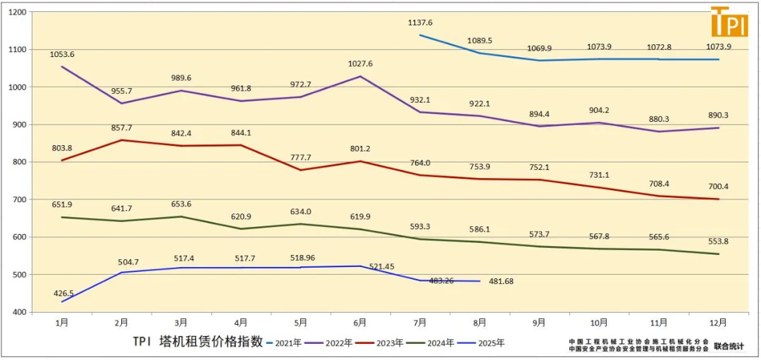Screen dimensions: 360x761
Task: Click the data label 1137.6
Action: (420, 23)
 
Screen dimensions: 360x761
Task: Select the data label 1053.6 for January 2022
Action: (62, 54)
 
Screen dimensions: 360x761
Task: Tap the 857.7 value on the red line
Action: (121, 128)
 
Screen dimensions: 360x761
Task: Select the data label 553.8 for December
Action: (718, 242)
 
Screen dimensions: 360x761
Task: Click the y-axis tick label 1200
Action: (16, 13)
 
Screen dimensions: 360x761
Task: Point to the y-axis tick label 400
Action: (18, 312)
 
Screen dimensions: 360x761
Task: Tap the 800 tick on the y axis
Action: (18, 162)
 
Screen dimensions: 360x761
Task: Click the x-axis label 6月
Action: (360, 322)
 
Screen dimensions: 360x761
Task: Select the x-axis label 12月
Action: (718, 322)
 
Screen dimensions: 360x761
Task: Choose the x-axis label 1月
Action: (62, 322)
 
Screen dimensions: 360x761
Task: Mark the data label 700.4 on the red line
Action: (718, 187)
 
